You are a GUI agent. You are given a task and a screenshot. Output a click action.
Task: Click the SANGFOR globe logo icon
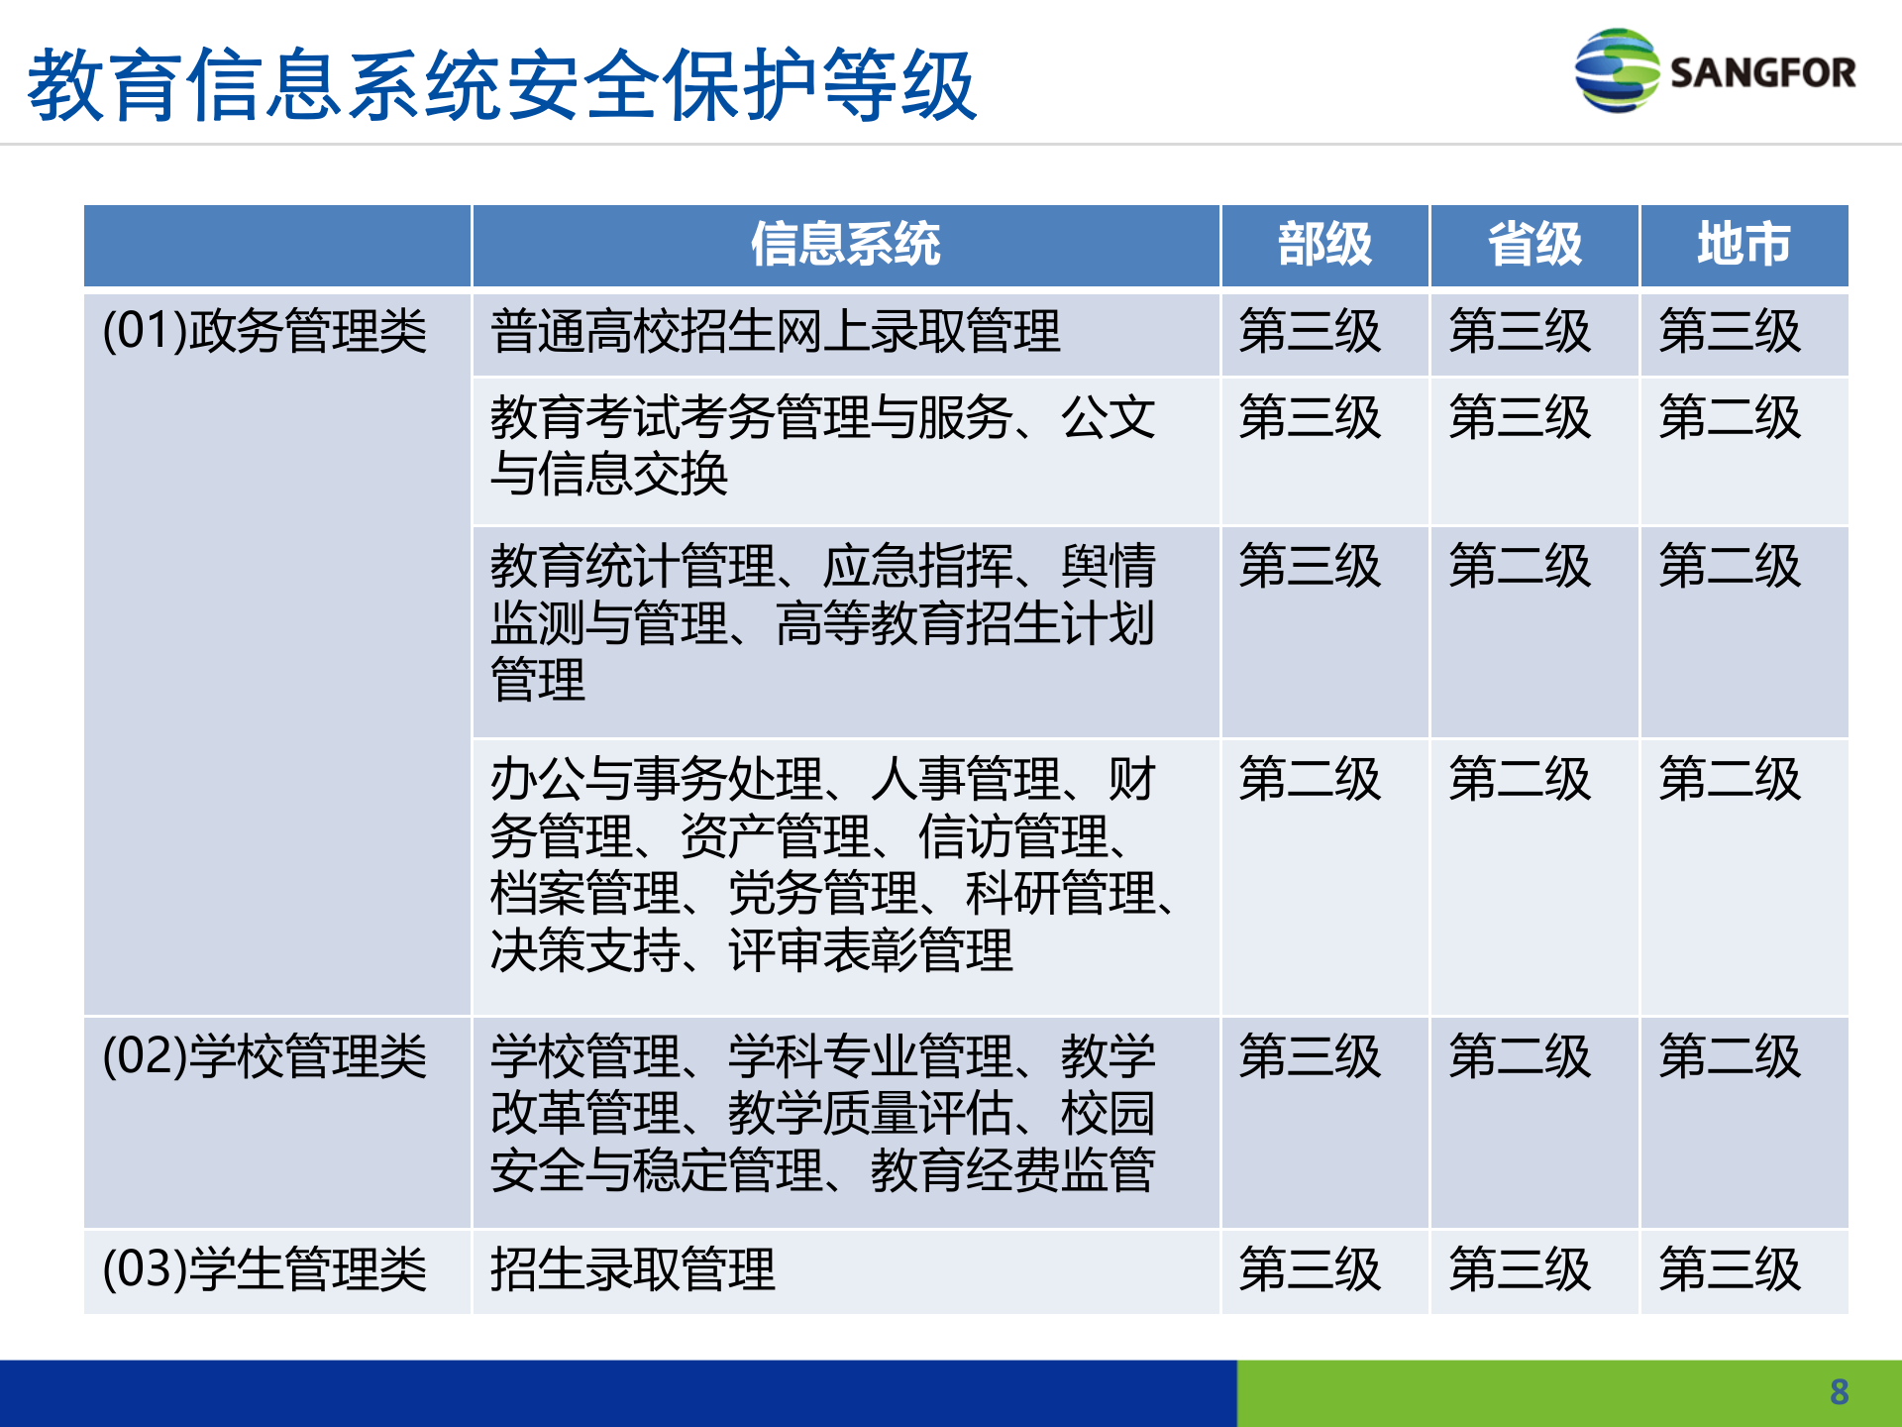coord(1616,70)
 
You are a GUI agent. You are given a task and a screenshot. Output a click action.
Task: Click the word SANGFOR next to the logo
coord(1762,72)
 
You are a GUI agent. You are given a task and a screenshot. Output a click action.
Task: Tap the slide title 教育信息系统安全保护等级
coord(502,85)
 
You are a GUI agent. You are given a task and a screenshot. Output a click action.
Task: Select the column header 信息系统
coord(845,244)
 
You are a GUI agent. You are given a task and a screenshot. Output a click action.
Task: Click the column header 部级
coord(1324,244)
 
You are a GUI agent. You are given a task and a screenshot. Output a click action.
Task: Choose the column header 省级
coord(1534,244)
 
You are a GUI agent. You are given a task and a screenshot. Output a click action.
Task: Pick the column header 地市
coord(1743,244)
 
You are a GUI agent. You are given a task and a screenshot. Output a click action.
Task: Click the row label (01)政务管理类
coord(264,331)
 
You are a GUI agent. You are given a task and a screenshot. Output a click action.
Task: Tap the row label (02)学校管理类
coord(264,1056)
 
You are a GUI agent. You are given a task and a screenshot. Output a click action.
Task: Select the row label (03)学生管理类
coord(264,1269)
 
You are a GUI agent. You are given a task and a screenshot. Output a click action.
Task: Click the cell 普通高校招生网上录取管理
coord(775,331)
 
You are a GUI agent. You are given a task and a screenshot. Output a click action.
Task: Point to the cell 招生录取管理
coord(632,1269)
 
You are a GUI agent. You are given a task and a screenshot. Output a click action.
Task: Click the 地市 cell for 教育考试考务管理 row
coord(1730,417)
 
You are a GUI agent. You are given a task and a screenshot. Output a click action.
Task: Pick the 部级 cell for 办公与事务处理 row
coord(1310,779)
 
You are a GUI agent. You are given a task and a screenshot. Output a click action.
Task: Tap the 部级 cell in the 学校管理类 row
coord(1310,1056)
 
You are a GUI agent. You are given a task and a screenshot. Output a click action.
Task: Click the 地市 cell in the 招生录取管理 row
coord(1730,1269)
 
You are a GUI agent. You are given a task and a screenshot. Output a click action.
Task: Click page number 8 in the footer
coord(1839,1392)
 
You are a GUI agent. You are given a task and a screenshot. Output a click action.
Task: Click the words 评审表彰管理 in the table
coord(870,950)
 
